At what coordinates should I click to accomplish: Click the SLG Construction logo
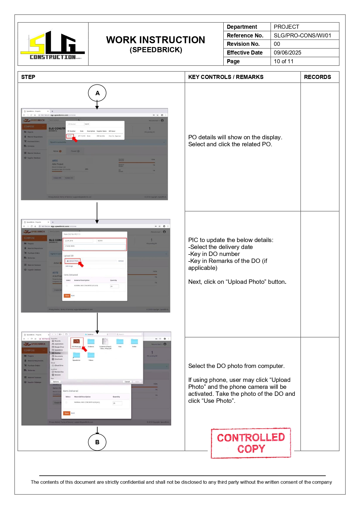tap(53, 45)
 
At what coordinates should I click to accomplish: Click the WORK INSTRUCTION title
tap(155, 40)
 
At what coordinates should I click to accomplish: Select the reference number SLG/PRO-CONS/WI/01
tap(302, 35)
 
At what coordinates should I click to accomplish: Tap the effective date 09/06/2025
tap(287, 53)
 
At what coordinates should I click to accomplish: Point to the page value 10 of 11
tap(283, 61)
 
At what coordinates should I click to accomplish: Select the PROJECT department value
tap(286, 27)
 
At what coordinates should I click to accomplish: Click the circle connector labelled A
tap(97, 93)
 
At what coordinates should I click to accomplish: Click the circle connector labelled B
tap(97, 442)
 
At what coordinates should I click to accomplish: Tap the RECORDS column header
tap(317, 77)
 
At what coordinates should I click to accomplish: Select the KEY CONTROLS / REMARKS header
tap(226, 77)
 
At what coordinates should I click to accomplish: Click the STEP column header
tap(28, 77)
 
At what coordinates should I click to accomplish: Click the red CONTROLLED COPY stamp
tap(251, 443)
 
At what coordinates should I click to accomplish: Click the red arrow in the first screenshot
tap(75, 139)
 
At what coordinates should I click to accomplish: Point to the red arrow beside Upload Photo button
tap(81, 264)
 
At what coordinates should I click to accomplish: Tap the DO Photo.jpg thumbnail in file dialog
tap(77, 342)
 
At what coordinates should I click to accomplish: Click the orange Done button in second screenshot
tap(67, 296)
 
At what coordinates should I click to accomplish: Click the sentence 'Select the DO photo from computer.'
tap(236, 366)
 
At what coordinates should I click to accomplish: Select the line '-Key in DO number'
tap(214, 254)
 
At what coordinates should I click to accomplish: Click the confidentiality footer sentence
tap(181, 482)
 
